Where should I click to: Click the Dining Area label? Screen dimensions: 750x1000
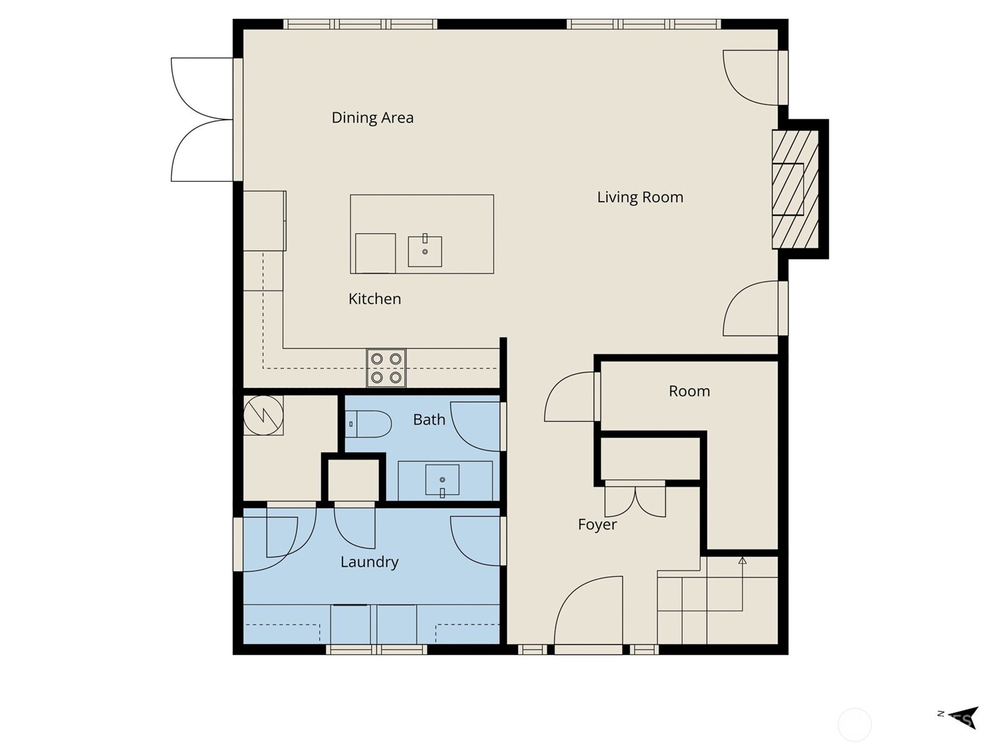pyautogui.click(x=372, y=117)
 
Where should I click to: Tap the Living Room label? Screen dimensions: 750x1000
pyautogui.click(x=639, y=197)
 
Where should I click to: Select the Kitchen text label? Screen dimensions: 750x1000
pyautogui.click(x=374, y=299)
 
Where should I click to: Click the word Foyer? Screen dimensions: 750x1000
pyautogui.click(x=597, y=524)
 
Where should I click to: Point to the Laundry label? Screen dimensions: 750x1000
pyautogui.click(x=369, y=561)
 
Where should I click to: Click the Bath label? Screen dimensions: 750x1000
pyautogui.click(x=429, y=419)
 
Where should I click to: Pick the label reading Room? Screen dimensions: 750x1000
pyautogui.click(x=689, y=391)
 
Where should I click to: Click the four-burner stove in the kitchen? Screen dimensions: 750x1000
pyautogui.click(x=386, y=368)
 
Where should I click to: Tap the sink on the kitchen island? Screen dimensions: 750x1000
pyautogui.click(x=425, y=251)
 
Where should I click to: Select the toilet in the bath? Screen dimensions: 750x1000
pyautogui.click(x=370, y=424)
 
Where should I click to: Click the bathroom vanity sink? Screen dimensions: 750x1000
pyautogui.click(x=442, y=480)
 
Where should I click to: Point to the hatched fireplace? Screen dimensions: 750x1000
pyautogui.click(x=795, y=189)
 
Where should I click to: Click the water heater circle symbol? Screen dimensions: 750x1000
pyautogui.click(x=262, y=415)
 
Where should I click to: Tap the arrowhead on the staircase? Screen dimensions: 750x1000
pyautogui.click(x=742, y=561)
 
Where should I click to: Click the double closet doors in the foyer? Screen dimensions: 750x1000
pyautogui.click(x=635, y=500)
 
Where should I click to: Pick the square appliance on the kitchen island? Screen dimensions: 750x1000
pyautogui.click(x=375, y=253)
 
